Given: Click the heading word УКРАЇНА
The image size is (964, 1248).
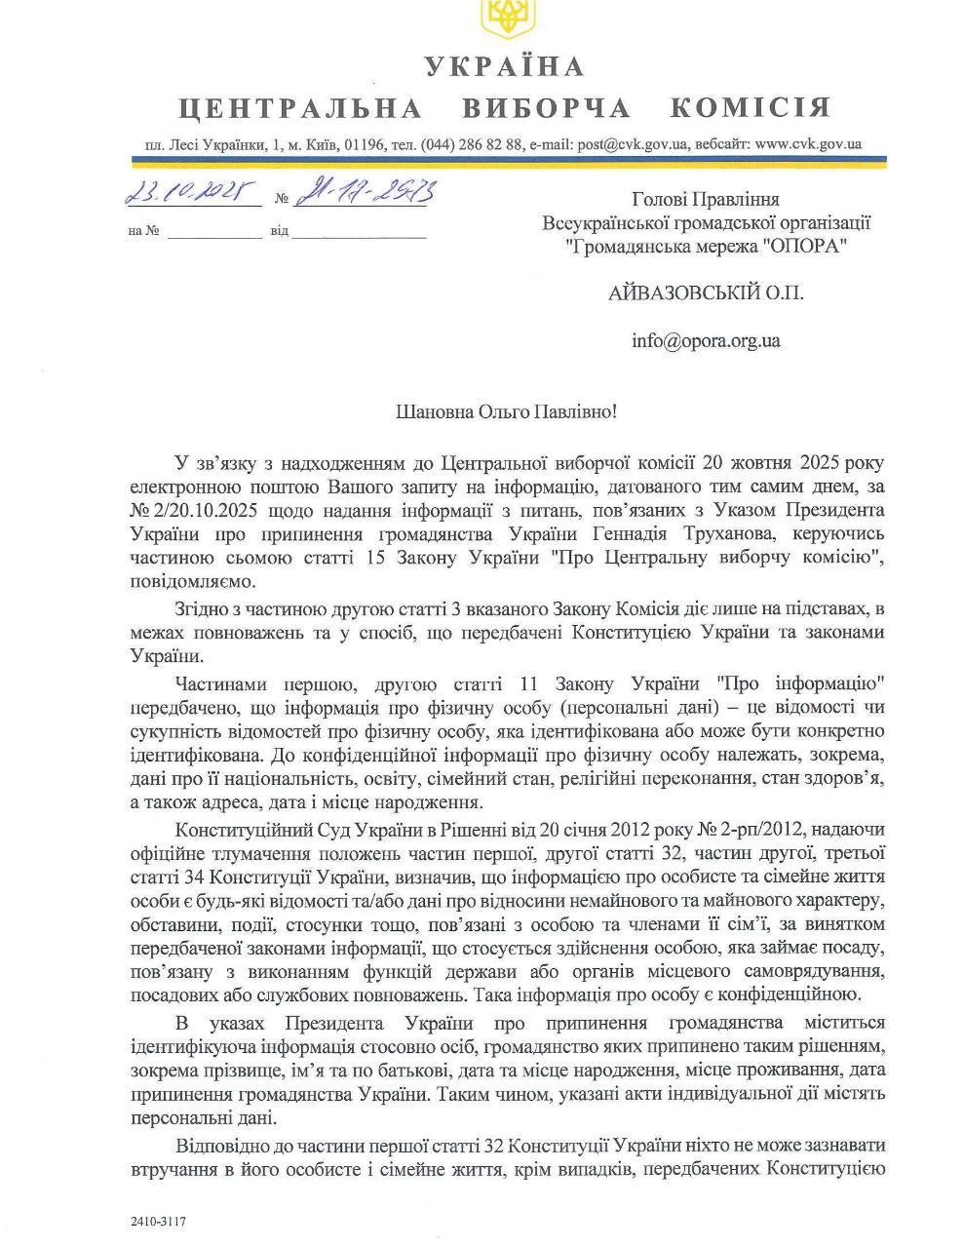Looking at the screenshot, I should [504, 66].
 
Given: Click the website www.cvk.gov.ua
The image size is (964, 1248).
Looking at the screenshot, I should [808, 144].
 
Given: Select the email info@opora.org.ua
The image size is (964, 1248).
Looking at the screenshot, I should [706, 341].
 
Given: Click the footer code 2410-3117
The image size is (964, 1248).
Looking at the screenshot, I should [157, 1221].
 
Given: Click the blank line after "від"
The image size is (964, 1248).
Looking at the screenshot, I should [359, 234].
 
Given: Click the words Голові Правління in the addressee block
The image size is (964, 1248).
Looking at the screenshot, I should [706, 199].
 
